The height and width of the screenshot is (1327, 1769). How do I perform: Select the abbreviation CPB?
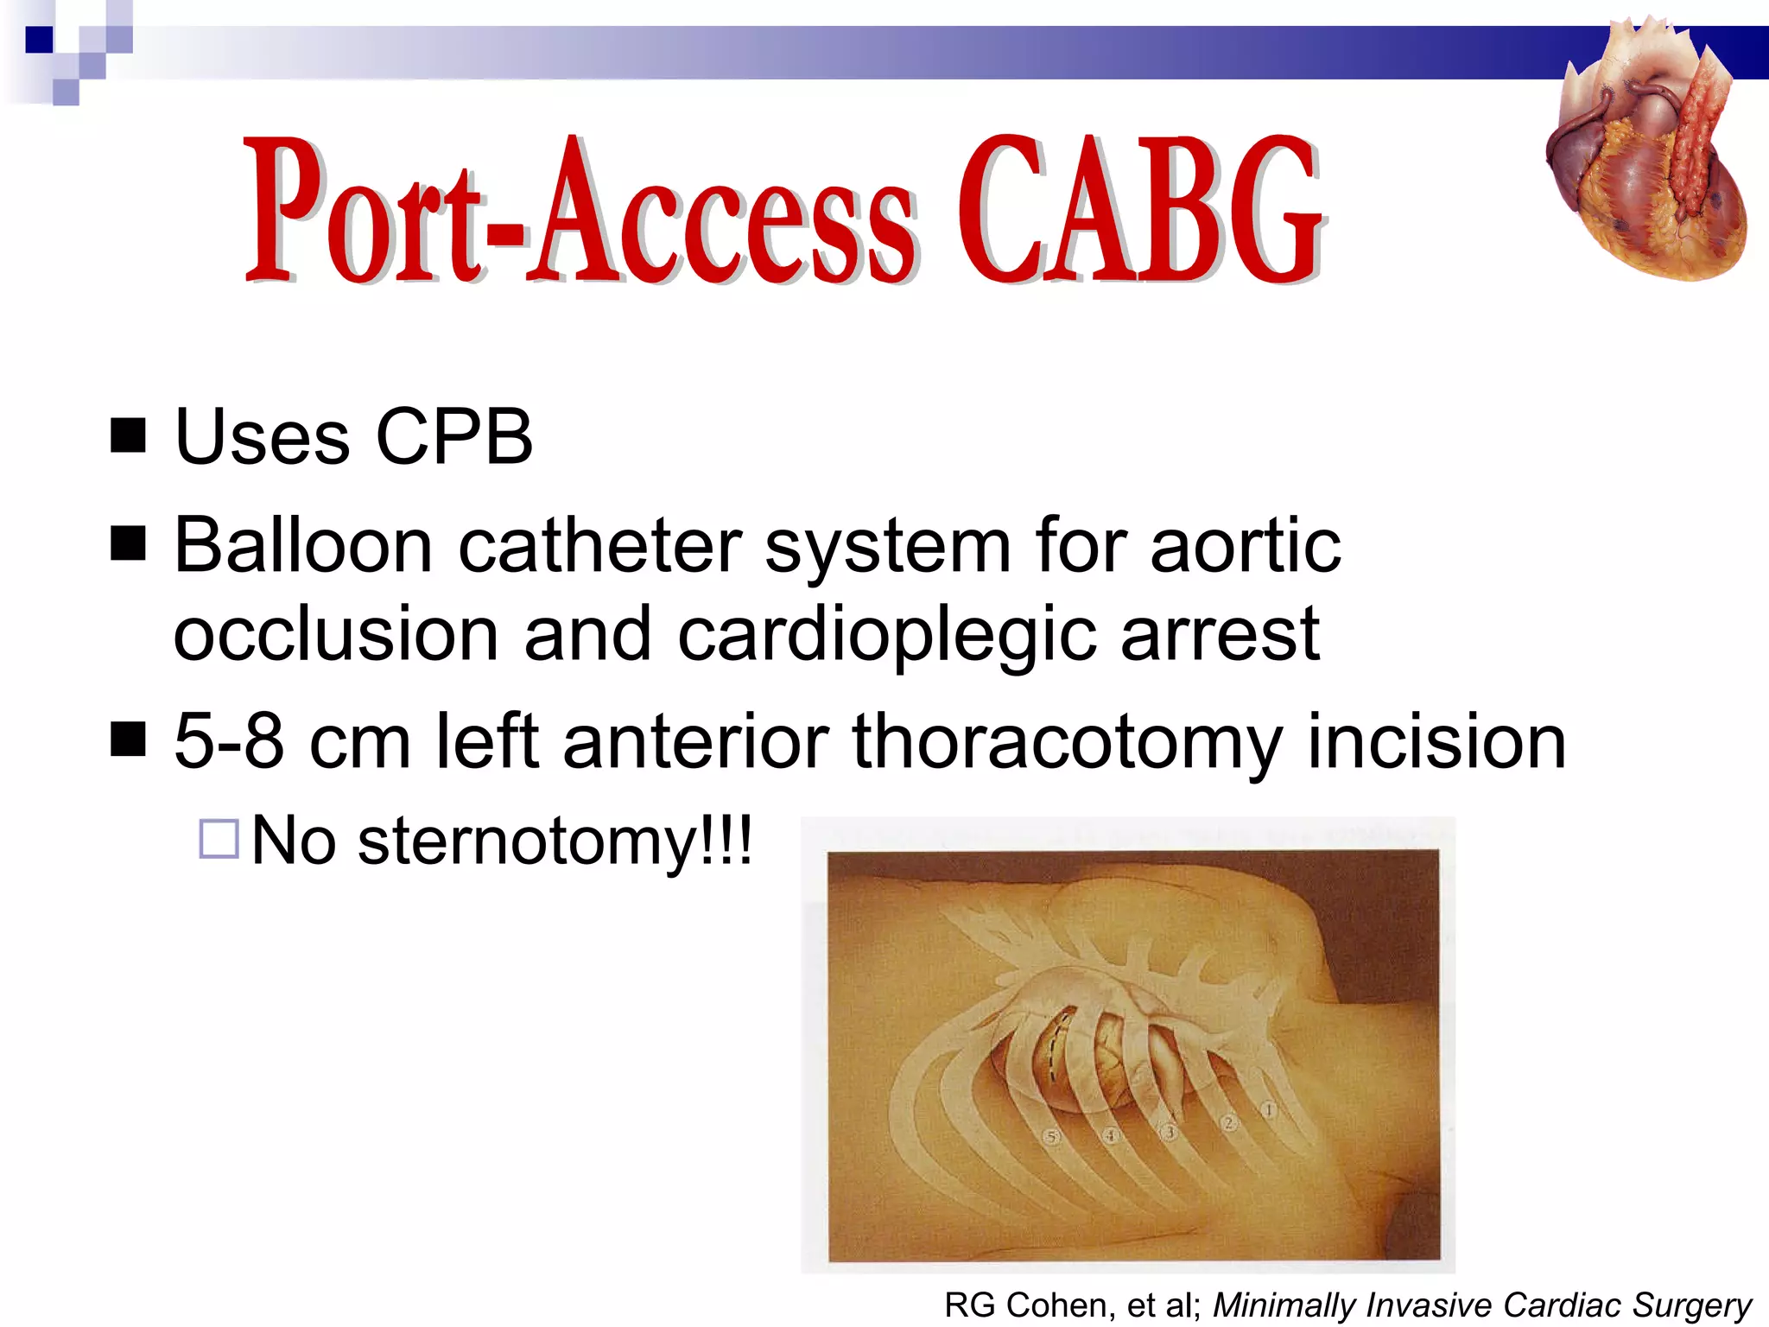click(x=454, y=437)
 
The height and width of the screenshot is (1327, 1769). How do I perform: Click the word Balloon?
click(x=303, y=546)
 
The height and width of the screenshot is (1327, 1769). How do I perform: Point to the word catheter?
click(x=599, y=546)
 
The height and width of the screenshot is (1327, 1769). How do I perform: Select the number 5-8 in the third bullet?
click(x=229, y=741)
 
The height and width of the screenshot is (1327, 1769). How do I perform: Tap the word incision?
click(x=1436, y=741)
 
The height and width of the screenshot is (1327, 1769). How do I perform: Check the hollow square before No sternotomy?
click(x=219, y=838)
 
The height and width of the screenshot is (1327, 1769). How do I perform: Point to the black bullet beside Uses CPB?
click(x=129, y=435)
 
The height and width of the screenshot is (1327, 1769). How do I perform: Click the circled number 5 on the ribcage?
click(x=1051, y=1137)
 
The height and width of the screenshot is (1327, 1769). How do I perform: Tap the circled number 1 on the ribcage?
click(x=1267, y=1110)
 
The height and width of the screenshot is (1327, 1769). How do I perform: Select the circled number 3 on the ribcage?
click(x=1170, y=1132)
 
